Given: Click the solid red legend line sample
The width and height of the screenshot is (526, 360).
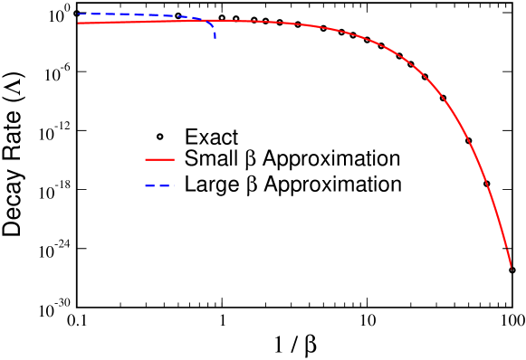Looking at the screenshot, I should click(159, 159).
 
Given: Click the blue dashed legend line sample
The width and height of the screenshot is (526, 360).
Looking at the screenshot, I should click(159, 186).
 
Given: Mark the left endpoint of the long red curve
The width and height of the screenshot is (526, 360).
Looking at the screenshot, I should click(79, 23).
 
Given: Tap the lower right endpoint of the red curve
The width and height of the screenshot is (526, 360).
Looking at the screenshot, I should click(512, 268).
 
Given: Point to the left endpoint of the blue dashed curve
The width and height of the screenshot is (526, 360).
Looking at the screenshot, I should click(79, 14).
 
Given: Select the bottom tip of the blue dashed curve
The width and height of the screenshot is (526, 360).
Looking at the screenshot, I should click(215, 38).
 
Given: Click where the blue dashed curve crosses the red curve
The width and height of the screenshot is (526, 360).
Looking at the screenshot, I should click(197, 19).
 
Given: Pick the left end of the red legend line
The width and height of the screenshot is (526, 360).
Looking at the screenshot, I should click(146, 159).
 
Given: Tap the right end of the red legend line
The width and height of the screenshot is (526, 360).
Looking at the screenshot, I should click(173, 159).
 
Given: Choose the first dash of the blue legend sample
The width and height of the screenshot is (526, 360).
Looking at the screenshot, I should click(148, 186).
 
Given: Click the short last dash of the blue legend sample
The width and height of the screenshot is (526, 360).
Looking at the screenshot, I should click(172, 186).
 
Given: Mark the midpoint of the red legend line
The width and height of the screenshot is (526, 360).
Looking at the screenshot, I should click(159, 159).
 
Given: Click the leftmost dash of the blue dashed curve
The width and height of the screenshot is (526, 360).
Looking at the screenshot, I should click(81, 14).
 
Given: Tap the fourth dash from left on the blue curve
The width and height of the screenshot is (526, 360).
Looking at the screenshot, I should click(145, 15).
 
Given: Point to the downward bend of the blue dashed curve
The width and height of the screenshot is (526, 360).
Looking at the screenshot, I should click(210, 25).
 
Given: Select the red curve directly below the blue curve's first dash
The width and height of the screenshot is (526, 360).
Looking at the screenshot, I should click(81, 23).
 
